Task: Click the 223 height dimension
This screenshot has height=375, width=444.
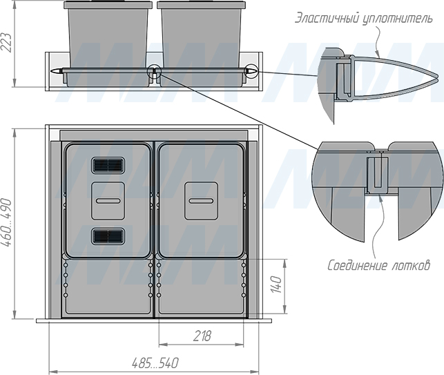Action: pyautogui.click(x=6, y=43)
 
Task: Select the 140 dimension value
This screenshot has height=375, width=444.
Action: pyautogui.click(x=276, y=285)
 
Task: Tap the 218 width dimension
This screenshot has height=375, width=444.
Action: pyautogui.click(x=202, y=336)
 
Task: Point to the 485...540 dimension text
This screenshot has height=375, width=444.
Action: pyautogui.click(x=155, y=363)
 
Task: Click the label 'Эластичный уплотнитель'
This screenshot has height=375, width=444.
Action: pyautogui.click(x=364, y=19)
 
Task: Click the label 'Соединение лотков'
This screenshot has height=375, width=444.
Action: pyautogui.click(x=378, y=266)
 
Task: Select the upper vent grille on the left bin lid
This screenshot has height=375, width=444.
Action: pyautogui.click(x=108, y=166)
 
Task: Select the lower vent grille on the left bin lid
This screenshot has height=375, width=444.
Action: pyautogui.click(x=108, y=236)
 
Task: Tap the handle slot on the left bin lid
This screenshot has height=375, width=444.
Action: pyautogui.click(x=108, y=201)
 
